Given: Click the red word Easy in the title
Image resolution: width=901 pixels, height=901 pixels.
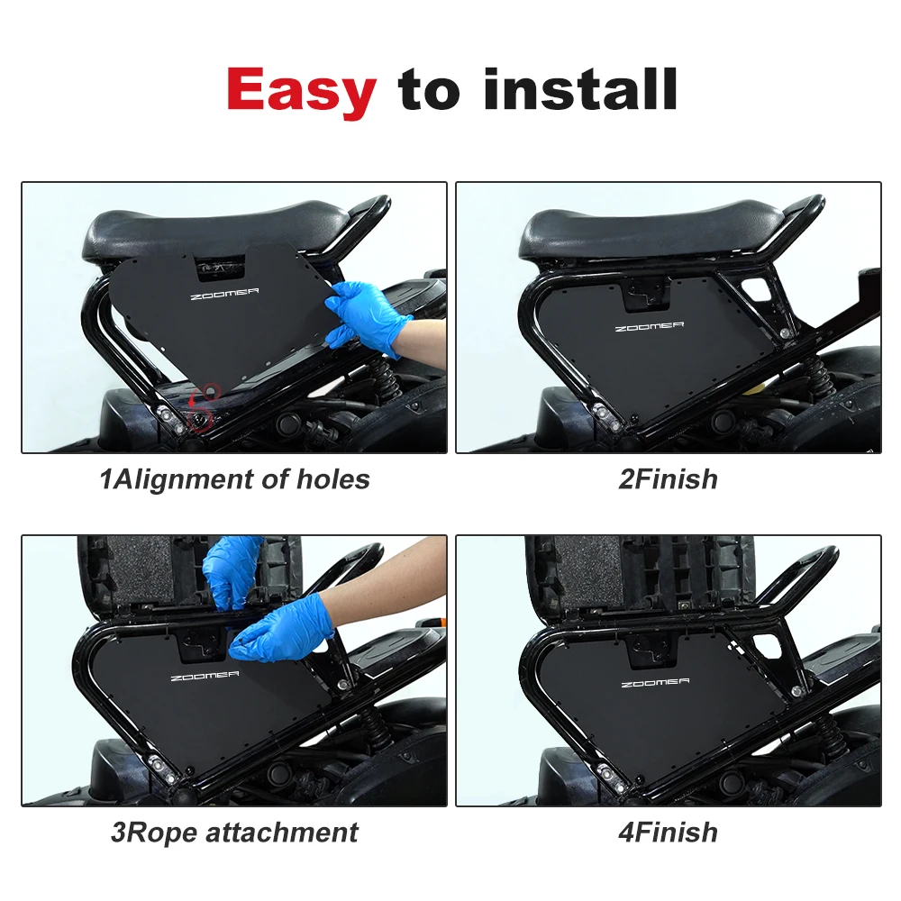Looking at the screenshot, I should pyautogui.click(x=301, y=89).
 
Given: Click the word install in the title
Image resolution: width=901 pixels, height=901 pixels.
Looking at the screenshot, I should pyautogui.click(x=580, y=89).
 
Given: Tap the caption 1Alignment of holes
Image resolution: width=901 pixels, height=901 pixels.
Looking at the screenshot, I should pyautogui.click(x=234, y=479).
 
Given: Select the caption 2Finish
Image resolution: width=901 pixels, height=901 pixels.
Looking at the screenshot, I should pyautogui.click(x=668, y=479).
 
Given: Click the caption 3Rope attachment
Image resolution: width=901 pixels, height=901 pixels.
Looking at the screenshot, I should pyautogui.click(x=234, y=832).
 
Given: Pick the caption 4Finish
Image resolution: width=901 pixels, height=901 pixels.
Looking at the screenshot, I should pyautogui.click(x=668, y=832).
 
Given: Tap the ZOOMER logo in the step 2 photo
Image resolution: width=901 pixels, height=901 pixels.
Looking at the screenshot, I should pyautogui.click(x=649, y=326).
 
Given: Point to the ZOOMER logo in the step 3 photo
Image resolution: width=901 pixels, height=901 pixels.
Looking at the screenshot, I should pyautogui.click(x=204, y=676).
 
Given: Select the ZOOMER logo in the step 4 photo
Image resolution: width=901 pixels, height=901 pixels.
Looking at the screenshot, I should pyautogui.click(x=655, y=684).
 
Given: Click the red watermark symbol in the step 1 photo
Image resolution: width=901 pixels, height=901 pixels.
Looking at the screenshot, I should pyautogui.click(x=206, y=400).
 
